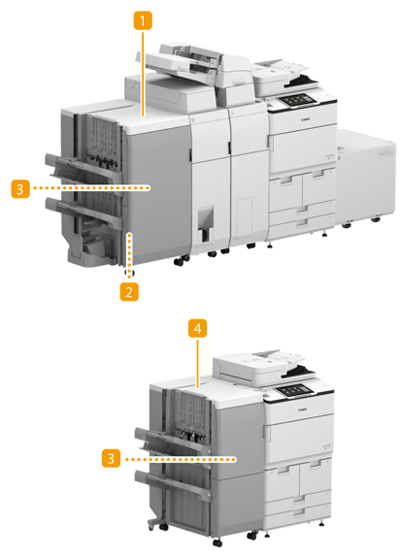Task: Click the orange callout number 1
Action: click(143, 21)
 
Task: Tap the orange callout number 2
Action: click(129, 291)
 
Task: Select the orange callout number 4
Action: click(197, 328)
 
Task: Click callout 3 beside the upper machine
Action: click(20, 188)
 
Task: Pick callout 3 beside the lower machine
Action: click(111, 459)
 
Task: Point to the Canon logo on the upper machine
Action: click(306, 119)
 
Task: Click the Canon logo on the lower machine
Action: click(302, 409)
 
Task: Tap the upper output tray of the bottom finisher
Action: click(170, 441)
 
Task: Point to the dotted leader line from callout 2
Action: click(129, 254)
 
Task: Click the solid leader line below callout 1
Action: click(143, 74)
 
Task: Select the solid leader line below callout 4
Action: click(197, 362)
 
